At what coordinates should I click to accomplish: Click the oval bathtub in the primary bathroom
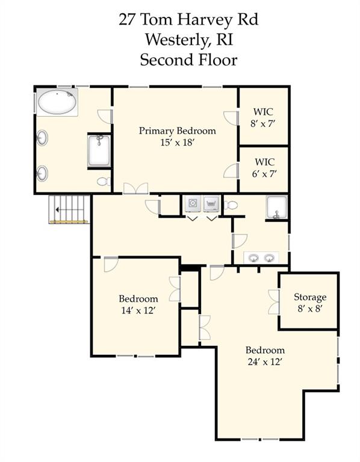point(57,102)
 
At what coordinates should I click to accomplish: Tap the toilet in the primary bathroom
point(104,182)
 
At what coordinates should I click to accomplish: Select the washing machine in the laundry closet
point(193,203)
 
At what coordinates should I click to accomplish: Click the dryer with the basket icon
point(211,203)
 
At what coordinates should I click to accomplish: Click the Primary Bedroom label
point(177,131)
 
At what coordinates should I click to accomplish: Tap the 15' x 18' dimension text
point(177,143)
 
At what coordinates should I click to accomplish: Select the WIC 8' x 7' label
point(263,117)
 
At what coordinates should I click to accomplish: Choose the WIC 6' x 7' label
point(264,168)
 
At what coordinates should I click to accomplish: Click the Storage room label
point(310,297)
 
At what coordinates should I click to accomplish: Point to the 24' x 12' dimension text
point(265,362)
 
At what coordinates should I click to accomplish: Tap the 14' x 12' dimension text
point(138,310)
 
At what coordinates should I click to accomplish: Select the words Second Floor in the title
point(188,60)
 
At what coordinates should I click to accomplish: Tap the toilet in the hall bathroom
point(231,205)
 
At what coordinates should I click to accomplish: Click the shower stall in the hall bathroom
point(276,207)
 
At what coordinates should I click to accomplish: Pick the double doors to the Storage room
point(274,302)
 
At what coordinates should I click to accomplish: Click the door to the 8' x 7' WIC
point(231,118)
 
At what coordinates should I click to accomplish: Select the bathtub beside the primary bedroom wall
point(99,150)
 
